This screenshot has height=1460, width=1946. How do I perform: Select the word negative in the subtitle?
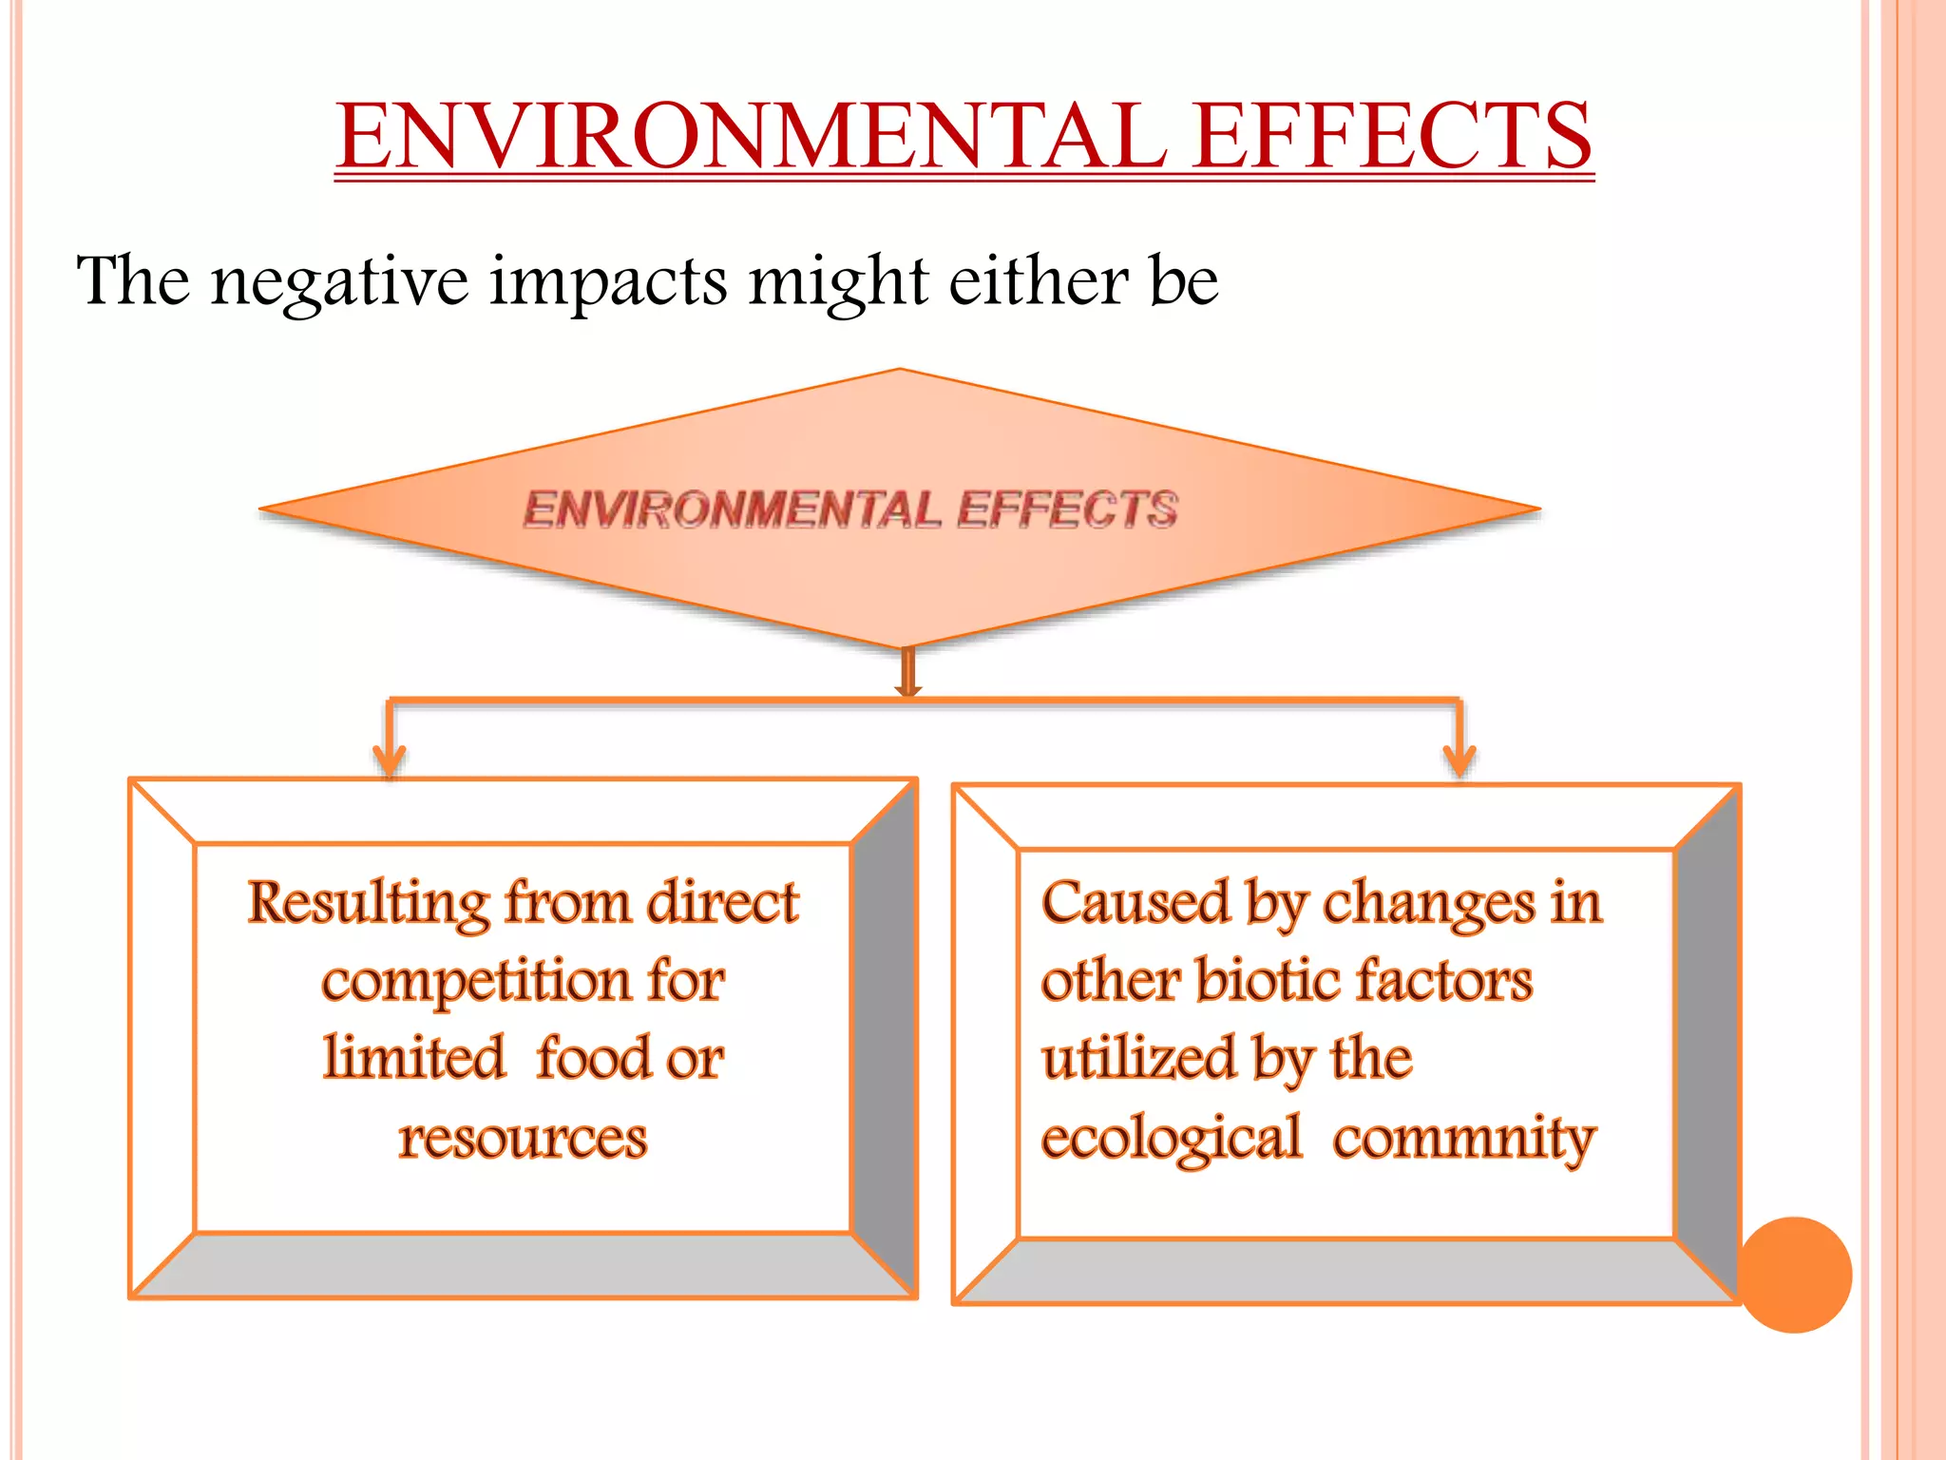340,282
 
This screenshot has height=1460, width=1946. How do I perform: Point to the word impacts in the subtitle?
609,282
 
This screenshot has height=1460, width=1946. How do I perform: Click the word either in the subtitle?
1040,282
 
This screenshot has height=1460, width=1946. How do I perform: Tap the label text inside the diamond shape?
850,509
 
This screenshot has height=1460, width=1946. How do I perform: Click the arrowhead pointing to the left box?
390,759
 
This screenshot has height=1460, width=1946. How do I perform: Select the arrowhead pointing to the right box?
1459,759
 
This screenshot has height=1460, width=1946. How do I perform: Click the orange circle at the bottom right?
1794,1275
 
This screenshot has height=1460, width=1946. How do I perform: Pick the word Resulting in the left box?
368,903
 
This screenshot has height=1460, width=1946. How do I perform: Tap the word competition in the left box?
475,982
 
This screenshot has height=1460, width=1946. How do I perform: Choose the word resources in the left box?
523,1138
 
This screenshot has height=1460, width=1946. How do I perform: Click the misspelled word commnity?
1464,1138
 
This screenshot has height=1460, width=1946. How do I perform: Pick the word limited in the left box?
414,1059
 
